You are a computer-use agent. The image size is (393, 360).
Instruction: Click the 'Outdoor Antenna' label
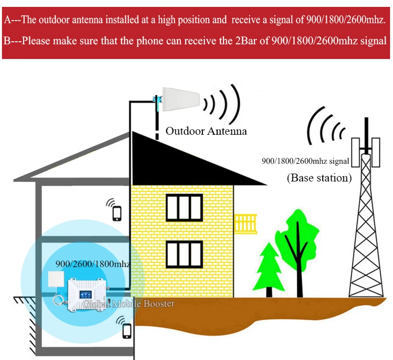[206, 131]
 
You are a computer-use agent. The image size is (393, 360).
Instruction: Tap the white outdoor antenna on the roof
[180, 100]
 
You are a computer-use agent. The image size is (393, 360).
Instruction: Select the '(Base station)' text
[319, 178]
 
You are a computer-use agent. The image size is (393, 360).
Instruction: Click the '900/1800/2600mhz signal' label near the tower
[305, 160]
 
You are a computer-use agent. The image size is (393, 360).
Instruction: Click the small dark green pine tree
[268, 268]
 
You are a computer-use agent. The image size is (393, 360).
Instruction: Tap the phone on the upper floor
[117, 213]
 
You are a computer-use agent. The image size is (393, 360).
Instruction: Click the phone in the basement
[127, 330]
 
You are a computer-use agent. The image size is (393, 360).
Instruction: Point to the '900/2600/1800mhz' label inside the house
[92, 264]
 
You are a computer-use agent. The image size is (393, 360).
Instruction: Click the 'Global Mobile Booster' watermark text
[129, 304]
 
